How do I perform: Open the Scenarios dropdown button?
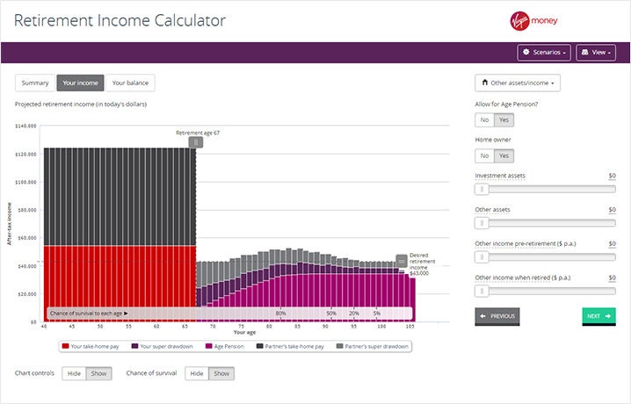point(544,53)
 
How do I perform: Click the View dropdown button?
point(596,53)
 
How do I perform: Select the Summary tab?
point(35,83)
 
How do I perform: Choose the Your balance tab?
point(130,83)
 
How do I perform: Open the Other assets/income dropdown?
point(518,83)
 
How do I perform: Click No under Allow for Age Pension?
point(484,120)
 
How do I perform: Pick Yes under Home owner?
point(504,155)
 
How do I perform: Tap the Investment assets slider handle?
point(482,189)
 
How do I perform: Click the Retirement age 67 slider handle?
point(196,141)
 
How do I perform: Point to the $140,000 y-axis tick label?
point(26,126)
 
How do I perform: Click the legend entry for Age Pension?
point(223,346)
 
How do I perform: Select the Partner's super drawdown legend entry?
point(376,346)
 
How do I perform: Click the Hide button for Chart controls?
point(74,373)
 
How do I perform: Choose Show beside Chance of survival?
point(221,373)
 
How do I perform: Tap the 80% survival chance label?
point(280,313)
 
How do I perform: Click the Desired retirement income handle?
point(402,260)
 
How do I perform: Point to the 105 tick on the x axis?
point(410,327)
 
